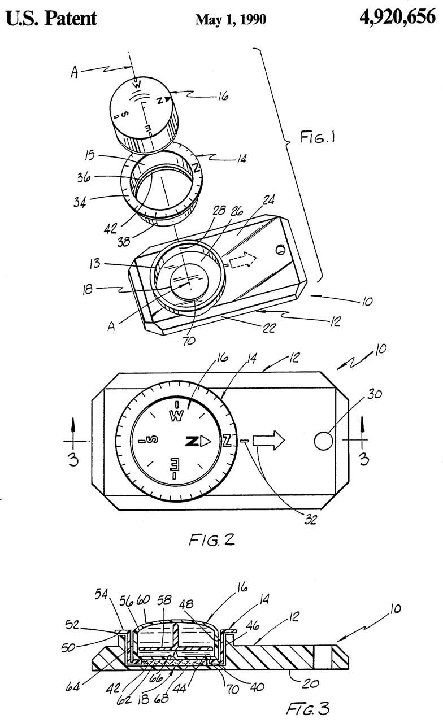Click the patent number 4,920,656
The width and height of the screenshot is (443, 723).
click(x=397, y=17)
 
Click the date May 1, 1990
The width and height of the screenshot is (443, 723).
click(x=231, y=20)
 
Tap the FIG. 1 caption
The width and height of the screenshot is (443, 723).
click(x=318, y=137)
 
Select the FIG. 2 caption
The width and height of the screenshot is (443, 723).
click(x=212, y=539)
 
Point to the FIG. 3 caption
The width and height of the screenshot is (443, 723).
click(x=308, y=709)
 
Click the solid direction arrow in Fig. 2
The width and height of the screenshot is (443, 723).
click(x=268, y=440)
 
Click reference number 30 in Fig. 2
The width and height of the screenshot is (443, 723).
click(x=375, y=394)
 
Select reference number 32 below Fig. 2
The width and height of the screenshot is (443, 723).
click(x=310, y=520)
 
